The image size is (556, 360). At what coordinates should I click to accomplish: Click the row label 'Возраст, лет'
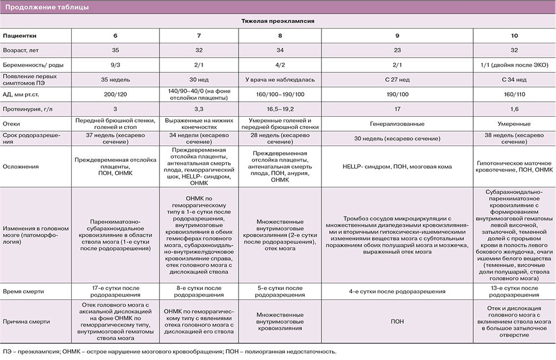pos(22,49)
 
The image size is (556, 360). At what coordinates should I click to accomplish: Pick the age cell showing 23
pos(398,49)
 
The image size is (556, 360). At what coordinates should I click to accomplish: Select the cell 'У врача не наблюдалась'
pos(280,79)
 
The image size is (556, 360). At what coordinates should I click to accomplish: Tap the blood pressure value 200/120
pos(115,94)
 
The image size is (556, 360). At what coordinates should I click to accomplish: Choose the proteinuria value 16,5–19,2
pos(280,109)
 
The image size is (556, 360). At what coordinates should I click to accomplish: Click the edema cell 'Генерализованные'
pos(398,124)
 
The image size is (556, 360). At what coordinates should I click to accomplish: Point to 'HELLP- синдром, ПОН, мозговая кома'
pos(398,167)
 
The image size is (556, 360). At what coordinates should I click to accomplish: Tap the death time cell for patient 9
pos(398,291)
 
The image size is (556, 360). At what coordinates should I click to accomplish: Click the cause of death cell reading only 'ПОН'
pos(398,321)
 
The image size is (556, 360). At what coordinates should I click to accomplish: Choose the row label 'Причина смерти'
pos(26,321)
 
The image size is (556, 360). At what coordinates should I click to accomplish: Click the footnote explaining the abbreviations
pos(170,351)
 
